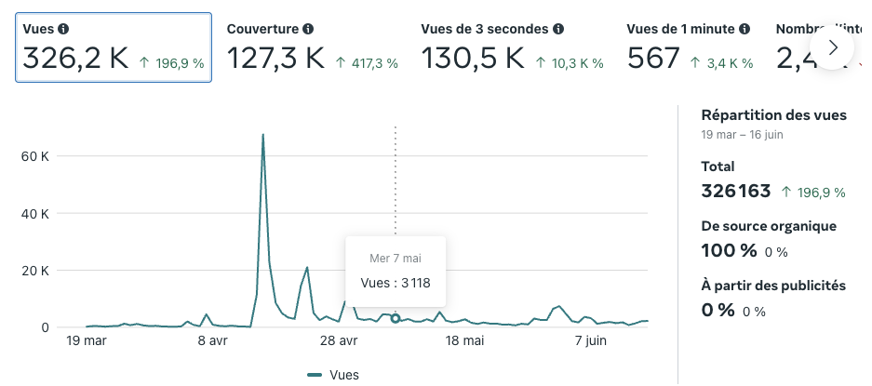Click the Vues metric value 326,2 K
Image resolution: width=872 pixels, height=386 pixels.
tap(75, 59)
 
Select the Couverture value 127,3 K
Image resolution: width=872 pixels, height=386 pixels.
tap(275, 59)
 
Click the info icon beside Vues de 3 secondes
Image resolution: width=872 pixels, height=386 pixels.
tap(558, 29)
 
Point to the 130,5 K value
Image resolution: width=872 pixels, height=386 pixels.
tap(473, 59)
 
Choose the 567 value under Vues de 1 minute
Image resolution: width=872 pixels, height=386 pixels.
tap(653, 59)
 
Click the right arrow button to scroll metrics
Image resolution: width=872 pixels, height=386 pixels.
tap(833, 47)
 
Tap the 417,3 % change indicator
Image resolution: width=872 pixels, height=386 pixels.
tap(366, 63)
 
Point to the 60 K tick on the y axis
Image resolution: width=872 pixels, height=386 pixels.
tap(34, 156)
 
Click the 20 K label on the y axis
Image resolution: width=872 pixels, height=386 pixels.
tap(34, 271)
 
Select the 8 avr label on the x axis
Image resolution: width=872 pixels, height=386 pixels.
tap(214, 341)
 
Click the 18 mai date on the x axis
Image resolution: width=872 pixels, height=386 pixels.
tap(464, 341)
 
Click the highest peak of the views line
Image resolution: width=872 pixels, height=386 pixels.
tap(263, 135)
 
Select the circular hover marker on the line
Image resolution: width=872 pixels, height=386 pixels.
tap(396, 319)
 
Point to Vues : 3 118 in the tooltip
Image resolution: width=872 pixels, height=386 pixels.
tap(396, 283)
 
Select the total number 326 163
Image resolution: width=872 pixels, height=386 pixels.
tap(735, 192)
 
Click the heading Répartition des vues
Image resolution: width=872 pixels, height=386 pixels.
tap(773, 115)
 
